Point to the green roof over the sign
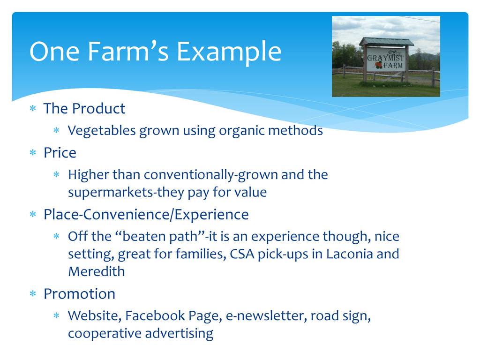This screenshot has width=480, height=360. [x=386, y=42]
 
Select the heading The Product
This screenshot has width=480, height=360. [x=84, y=108]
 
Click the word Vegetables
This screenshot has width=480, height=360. [x=102, y=131]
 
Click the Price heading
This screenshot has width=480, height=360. [x=60, y=152]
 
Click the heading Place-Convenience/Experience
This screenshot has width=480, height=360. [x=146, y=214]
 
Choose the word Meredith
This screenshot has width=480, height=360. [x=97, y=271]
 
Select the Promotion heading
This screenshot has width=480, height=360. [x=79, y=293]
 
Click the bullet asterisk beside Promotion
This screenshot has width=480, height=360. [x=33, y=294]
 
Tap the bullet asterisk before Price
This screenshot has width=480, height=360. [x=33, y=152]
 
